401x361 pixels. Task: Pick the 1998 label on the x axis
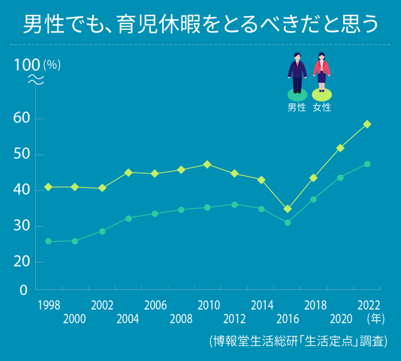point(49,305)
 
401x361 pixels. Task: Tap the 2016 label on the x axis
point(287,319)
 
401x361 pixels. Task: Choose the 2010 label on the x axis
point(208,305)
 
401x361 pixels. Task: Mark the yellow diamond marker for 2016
point(287,209)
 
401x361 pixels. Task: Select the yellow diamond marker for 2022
point(367,124)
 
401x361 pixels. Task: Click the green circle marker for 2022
point(367,164)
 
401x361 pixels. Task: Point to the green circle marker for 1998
point(49,241)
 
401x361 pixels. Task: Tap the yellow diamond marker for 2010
point(208,164)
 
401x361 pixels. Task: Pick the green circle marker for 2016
point(287,222)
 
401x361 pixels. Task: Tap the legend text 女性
point(322,107)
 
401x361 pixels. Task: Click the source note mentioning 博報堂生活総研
point(298,341)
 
